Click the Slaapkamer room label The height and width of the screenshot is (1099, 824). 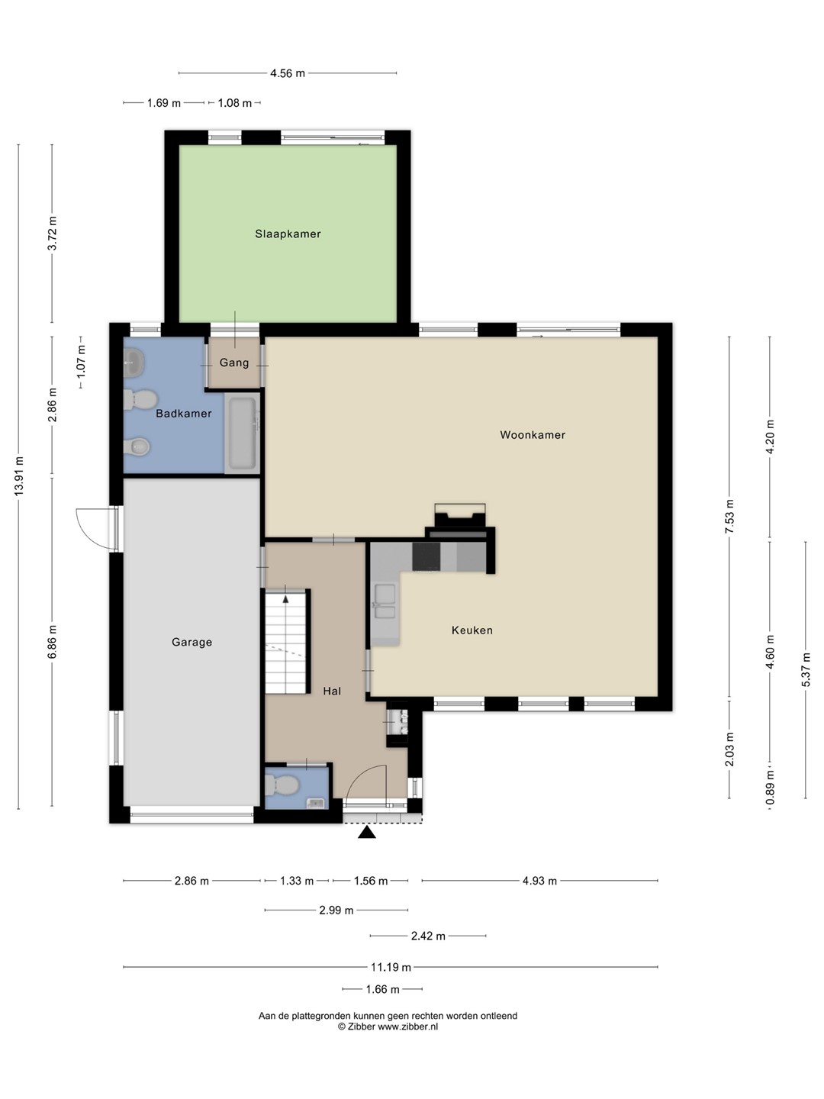point(288,234)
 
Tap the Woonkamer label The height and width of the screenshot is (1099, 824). point(533,434)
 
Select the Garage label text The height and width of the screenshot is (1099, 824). point(192,642)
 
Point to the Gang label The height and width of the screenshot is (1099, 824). point(234,362)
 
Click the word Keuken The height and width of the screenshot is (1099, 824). point(472,630)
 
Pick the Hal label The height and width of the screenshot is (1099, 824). point(332,691)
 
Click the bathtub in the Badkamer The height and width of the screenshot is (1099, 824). point(243,433)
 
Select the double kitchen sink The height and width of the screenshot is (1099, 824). point(385,602)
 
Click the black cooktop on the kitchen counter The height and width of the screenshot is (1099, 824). point(426,556)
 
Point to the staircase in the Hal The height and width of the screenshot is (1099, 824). point(285,641)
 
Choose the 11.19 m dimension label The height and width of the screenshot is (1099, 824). point(391,967)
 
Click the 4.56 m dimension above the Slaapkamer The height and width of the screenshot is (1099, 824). point(288,73)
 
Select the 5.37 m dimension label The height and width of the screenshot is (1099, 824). point(806,670)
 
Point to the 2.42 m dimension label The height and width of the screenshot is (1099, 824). point(428,936)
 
